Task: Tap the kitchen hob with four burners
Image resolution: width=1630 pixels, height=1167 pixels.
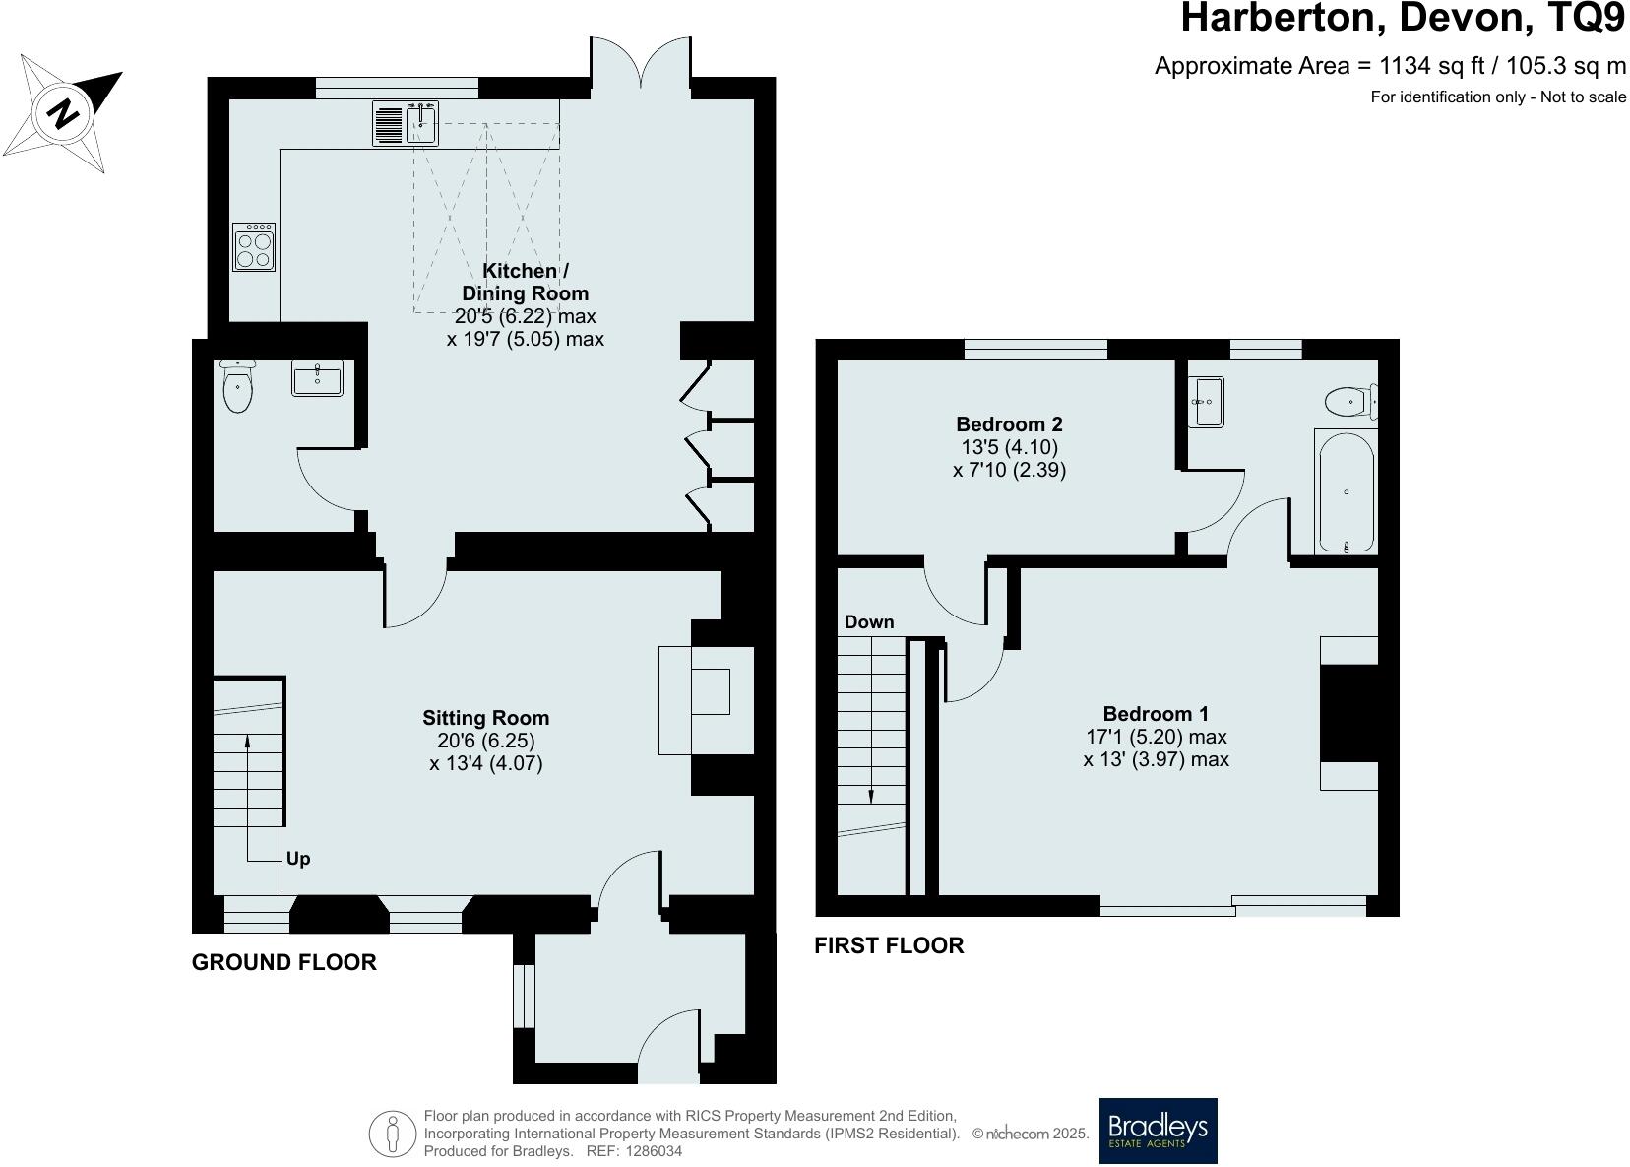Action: [x=254, y=247]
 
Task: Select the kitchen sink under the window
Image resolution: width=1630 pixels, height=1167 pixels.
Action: [x=421, y=123]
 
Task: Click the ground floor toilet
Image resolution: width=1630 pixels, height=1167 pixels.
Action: [x=237, y=388]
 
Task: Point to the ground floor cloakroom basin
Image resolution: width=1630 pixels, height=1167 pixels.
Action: [x=317, y=379]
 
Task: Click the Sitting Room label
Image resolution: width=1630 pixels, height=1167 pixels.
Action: [x=485, y=718]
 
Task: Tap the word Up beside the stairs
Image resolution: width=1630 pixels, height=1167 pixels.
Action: [x=298, y=859]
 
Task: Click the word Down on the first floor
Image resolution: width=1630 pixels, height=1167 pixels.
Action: [x=869, y=621]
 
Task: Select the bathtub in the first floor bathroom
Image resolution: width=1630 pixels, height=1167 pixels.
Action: [x=1345, y=492]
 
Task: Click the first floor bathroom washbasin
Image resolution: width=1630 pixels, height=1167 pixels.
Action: [x=1205, y=402]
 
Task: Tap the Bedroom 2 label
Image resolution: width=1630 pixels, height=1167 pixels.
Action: [x=1009, y=424]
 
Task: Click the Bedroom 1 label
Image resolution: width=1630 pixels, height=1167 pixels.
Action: [x=1156, y=714]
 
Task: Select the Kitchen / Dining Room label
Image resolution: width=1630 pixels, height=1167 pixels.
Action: [x=525, y=282]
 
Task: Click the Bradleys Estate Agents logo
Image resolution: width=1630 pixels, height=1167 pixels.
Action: [x=1158, y=1131]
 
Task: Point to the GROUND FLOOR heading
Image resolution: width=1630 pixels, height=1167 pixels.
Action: [x=283, y=962]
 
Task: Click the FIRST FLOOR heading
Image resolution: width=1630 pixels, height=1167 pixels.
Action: [x=889, y=945]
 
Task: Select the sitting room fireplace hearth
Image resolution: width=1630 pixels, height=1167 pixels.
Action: [x=676, y=700]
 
